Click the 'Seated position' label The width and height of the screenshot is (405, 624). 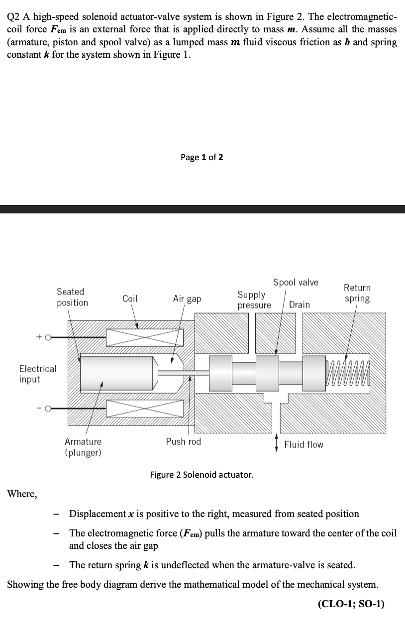[x=72, y=297]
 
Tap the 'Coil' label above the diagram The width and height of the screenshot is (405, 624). [x=130, y=299]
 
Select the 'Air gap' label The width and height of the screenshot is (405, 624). [x=187, y=299]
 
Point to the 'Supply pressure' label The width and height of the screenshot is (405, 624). [x=254, y=300]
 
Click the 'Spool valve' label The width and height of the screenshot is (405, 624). [x=296, y=282]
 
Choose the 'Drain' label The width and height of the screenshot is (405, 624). [x=300, y=305]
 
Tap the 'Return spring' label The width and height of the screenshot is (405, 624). [x=357, y=293]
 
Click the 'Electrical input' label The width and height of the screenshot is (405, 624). [x=38, y=374]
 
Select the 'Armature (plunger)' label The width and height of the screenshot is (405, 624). [x=83, y=447]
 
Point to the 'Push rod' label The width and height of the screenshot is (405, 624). [x=184, y=441]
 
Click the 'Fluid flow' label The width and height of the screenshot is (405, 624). [x=304, y=444]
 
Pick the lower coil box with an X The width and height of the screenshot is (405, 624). [x=145, y=409]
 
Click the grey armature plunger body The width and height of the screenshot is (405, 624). [x=117, y=373]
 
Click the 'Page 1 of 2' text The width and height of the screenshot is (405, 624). [x=202, y=157]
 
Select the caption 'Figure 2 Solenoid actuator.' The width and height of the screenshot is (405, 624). [x=202, y=474]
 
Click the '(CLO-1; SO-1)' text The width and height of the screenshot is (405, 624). [x=357, y=604]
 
